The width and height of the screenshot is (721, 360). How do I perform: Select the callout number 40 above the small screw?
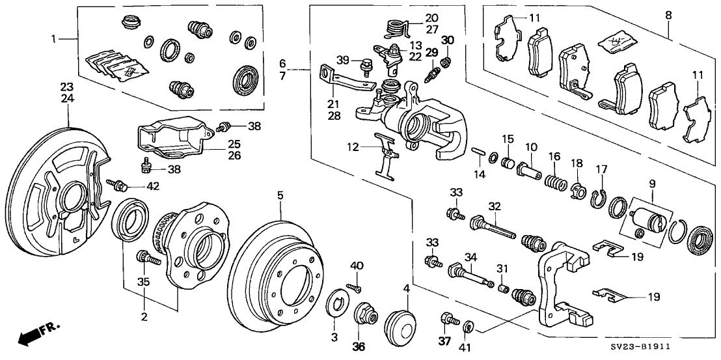(355, 265)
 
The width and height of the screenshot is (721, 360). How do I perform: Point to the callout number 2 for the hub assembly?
(144, 317)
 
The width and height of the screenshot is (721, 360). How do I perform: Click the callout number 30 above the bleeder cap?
(448, 40)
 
